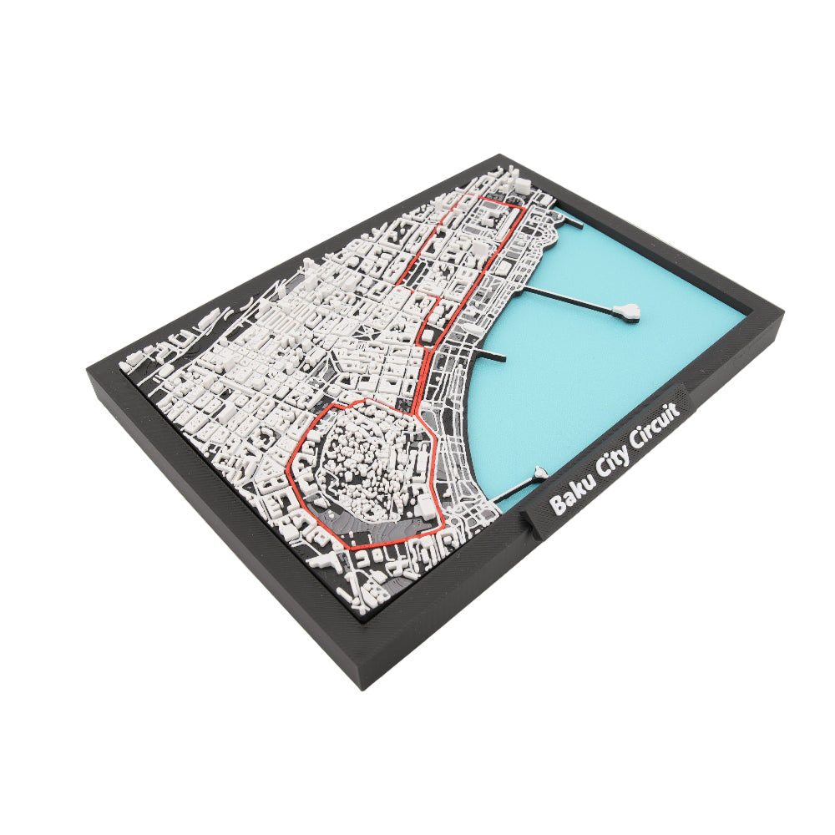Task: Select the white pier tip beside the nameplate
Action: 539,474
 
